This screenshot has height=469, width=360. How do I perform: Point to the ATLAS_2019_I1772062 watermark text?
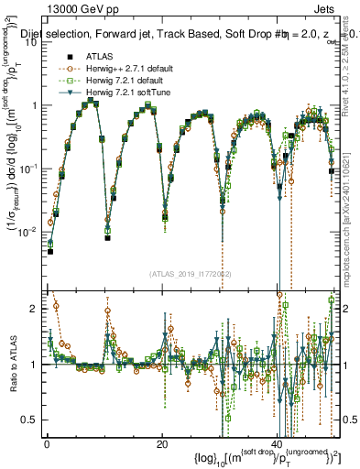(x=190, y=274)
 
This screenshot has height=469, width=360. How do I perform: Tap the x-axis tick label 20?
(x=161, y=444)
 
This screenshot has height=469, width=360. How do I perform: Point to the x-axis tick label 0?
(x=46, y=444)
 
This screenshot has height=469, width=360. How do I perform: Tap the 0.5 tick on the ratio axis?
(x=34, y=420)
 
